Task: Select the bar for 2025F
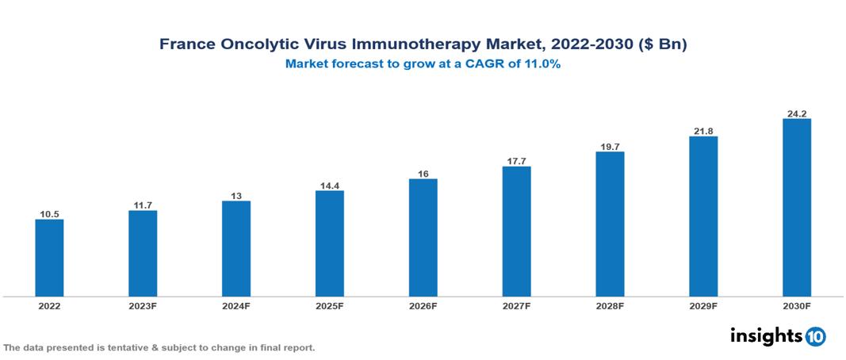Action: (x=329, y=243)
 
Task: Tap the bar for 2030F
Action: (x=796, y=208)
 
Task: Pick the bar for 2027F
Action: (x=516, y=232)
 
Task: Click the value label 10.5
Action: (x=49, y=213)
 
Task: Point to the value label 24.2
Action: (x=796, y=113)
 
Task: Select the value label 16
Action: (x=423, y=173)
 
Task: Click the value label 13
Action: (x=236, y=195)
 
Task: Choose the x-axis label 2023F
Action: (x=143, y=306)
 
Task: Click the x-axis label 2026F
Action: (x=423, y=306)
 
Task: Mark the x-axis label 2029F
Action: (x=703, y=306)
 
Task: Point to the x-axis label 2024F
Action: (x=236, y=306)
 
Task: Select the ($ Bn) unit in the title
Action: (x=660, y=45)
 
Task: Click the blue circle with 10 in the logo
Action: (x=815, y=336)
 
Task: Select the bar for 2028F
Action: (x=610, y=224)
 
